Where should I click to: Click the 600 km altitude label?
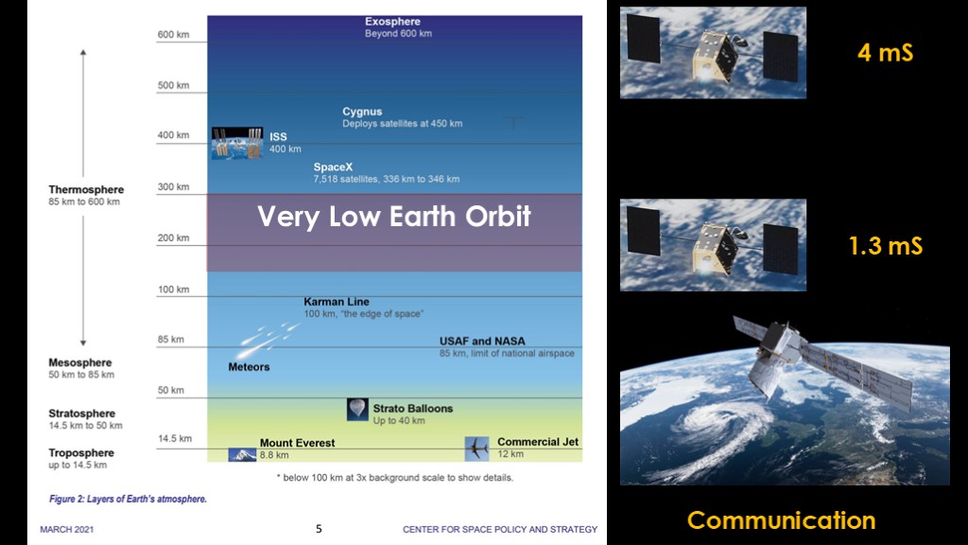[174, 35]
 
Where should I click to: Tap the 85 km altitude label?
[170, 340]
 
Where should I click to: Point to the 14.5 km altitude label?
[175, 439]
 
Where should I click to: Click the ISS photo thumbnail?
[237, 144]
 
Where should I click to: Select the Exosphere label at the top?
[392, 22]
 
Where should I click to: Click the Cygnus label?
[362, 112]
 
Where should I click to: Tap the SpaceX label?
[333, 167]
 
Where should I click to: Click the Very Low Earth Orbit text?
[394, 217]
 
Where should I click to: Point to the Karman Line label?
[337, 302]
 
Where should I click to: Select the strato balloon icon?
[357, 410]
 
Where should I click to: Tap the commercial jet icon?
[476, 448]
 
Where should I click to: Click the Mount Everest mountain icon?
[242, 455]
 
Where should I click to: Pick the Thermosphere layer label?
[86, 189]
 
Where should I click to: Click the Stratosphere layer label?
[82, 413]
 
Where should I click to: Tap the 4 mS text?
[885, 53]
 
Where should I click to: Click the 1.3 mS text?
[886, 246]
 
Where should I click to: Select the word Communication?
[782, 520]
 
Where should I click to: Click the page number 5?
[319, 529]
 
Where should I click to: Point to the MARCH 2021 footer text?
[67, 530]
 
